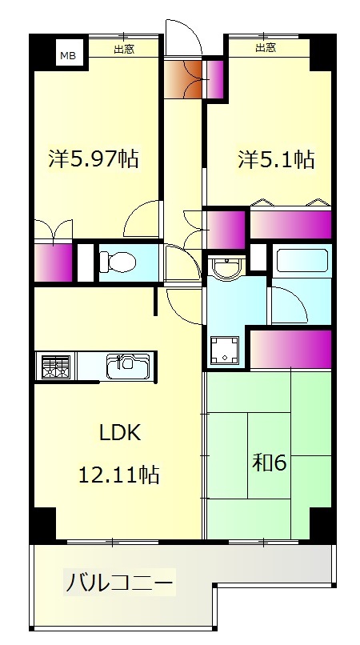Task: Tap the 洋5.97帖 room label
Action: (93, 158)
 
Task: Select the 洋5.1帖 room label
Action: (275, 159)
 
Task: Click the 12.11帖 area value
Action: (118, 475)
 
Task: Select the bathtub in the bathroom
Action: (301, 261)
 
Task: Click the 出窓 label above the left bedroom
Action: (123, 49)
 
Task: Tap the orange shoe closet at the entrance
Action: (185, 78)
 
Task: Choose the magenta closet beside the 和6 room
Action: (291, 347)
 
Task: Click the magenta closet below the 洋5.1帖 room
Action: (291, 225)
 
